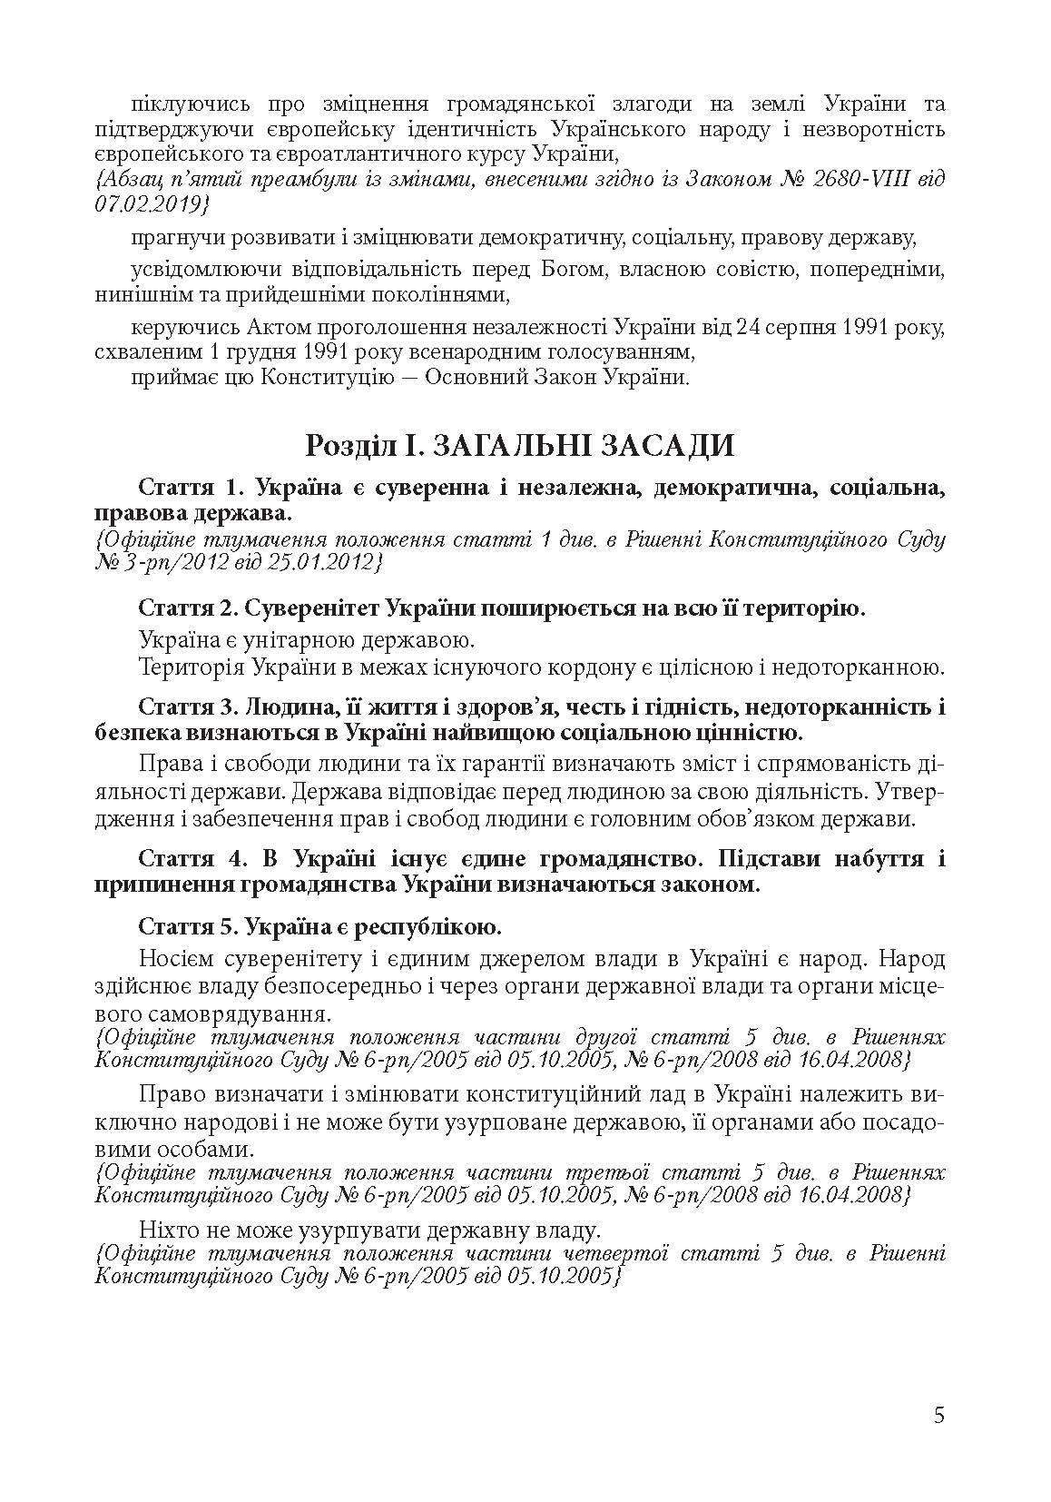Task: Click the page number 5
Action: pyautogui.click(x=938, y=1415)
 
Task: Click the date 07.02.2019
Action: pyautogui.click(x=146, y=205)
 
